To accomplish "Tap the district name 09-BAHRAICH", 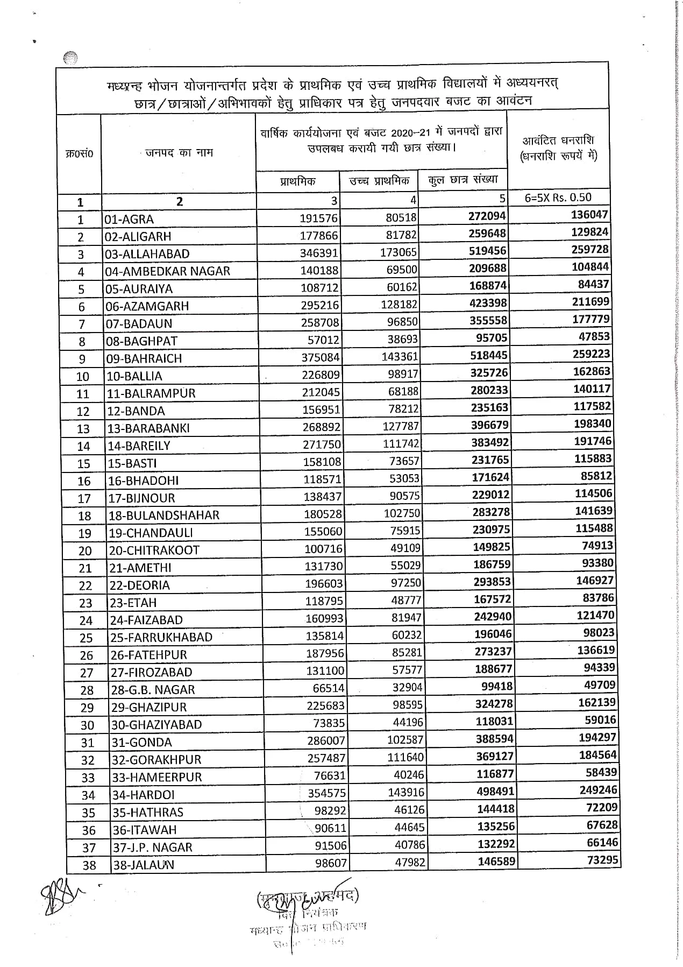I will (144, 358).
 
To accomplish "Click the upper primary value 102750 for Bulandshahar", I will (402, 513).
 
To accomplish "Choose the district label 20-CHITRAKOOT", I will (154, 550).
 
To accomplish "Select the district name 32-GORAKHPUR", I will (156, 759).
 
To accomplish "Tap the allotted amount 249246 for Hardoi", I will (597, 789).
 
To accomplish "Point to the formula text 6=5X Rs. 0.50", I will (558, 197).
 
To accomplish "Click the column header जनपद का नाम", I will (179, 153).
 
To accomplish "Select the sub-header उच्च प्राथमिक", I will (379, 181).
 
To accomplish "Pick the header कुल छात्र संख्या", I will (463, 179).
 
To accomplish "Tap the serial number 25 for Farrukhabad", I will (86, 638).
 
